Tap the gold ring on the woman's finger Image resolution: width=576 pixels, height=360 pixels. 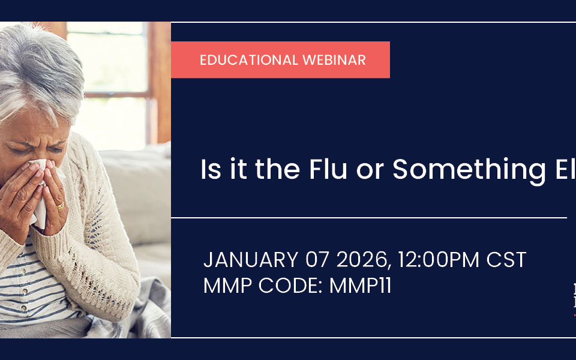tap(60, 206)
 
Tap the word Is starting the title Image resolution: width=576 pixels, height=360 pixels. tap(211, 170)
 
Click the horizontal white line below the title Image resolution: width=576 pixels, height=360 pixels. tap(368, 217)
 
